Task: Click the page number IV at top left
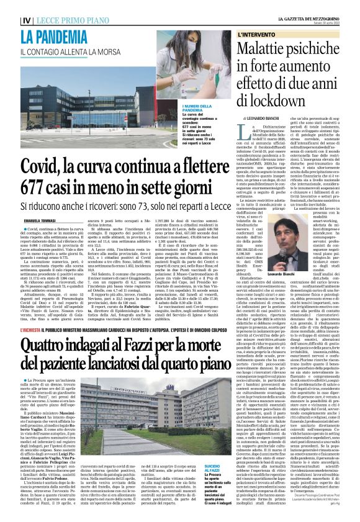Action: [x=10, y=7]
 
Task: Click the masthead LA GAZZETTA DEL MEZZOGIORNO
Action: [x=313, y=4]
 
